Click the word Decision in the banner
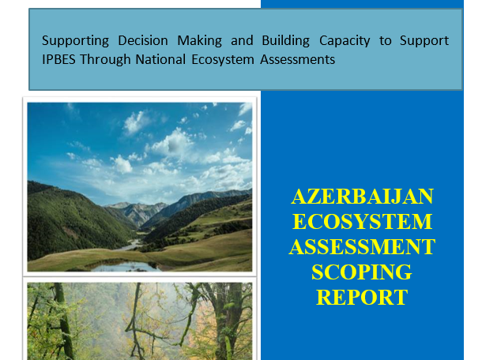click(x=143, y=40)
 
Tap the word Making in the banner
click(x=199, y=41)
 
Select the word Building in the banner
click(x=285, y=41)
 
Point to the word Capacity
click(x=345, y=41)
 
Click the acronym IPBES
click(x=58, y=59)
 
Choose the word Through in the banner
click(x=105, y=60)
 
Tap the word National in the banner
click(x=160, y=59)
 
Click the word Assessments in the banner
click(x=297, y=59)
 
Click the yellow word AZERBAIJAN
click(x=362, y=197)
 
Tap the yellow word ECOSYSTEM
click(x=362, y=222)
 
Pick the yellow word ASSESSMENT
click(x=362, y=247)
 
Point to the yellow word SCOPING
click(x=362, y=272)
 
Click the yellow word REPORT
click(x=362, y=298)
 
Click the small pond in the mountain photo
click(x=126, y=266)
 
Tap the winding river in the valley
click(x=132, y=245)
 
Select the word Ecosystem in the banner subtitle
click(x=223, y=60)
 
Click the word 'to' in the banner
click(x=385, y=41)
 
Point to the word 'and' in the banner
click(x=242, y=40)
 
